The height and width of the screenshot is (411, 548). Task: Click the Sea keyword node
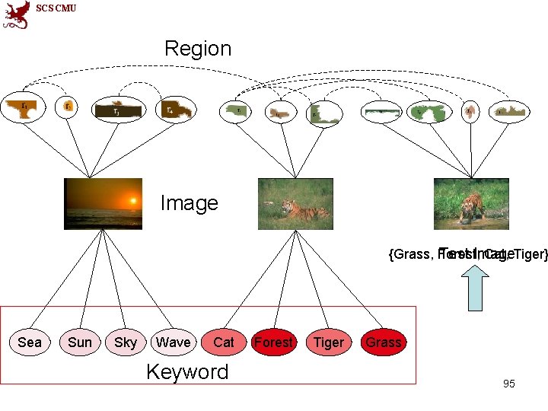pos(30,342)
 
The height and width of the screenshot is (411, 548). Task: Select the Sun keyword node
pos(80,342)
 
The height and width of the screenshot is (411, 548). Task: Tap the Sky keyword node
pos(126,342)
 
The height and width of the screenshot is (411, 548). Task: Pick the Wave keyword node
pos(173,342)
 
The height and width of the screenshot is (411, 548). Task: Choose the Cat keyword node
pos(223,342)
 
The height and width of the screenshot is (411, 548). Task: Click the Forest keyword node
pos(273,342)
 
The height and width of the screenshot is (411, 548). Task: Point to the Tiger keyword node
pos(328,342)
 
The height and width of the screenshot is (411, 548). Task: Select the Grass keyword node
pos(383,342)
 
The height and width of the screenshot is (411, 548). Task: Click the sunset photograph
pos(103,203)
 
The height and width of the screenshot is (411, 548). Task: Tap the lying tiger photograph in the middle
pos(295,203)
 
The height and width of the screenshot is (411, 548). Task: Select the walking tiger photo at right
pos(471,203)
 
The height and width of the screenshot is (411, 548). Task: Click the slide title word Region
pos(198,49)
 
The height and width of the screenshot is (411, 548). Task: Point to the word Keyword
pos(187,372)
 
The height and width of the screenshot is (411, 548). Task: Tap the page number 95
pos(509,384)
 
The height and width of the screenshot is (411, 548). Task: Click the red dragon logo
pos(16,14)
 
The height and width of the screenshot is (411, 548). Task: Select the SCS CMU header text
pos(56,8)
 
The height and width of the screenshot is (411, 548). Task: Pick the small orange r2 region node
pos(68,108)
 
